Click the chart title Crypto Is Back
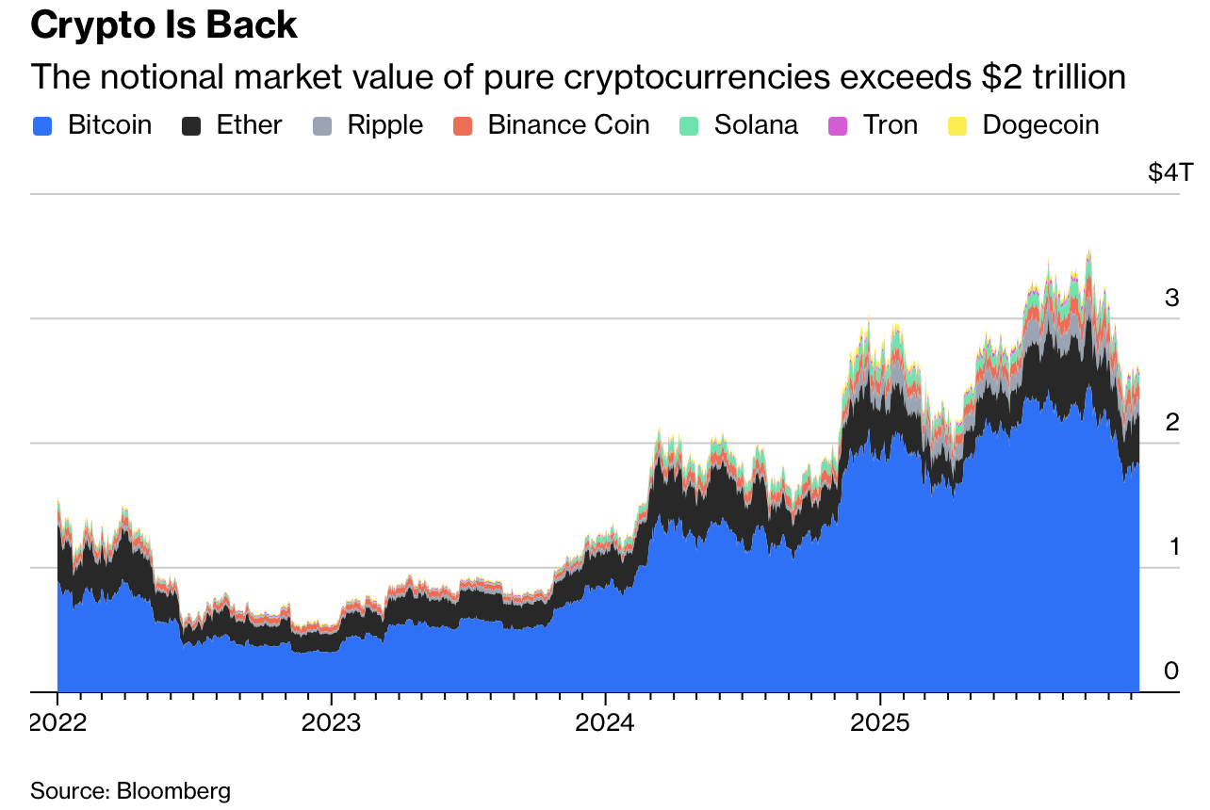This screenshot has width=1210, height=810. pyautogui.click(x=164, y=25)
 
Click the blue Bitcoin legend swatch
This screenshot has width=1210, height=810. pyautogui.click(x=42, y=125)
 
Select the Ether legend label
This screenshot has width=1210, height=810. pyautogui.click(x=249, y=125)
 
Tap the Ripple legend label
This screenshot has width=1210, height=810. pyautogui.click(x=384, y=125)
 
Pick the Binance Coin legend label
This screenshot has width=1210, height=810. pyautogui.click(x=568, y=125)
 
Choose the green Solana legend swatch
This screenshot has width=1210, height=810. pyautogui.click(x=689, y=125)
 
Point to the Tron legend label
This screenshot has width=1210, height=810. pyautogui.click(x=891, y=125)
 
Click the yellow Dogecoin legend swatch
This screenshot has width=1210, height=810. pyautogui.click(x=957, y=125)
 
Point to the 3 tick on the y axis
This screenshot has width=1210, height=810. pyautogui.click(x=1171, y=299)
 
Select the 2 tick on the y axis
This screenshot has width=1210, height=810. pyautogui.click(x=1171, y=423)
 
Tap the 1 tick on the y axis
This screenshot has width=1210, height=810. pyautogui.click(x=1171, y=547)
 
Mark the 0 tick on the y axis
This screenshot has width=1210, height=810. pyautogui.click(x=1171, y=672)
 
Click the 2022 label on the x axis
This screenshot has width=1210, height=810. pyautogui.click(x=58, y=724)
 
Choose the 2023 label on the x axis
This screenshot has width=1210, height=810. pyautogui.click(x=331, y=724)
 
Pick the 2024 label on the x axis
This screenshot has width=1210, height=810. pyautogui.click(x=605, y=724)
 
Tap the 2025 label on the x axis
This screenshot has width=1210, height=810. pyautogui.click(x=879, y=724)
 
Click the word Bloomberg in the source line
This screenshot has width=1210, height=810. pyautogui.click(x=173, y=790)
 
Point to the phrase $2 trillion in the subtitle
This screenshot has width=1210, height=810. pyautogui.click(x=1053, y=76)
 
